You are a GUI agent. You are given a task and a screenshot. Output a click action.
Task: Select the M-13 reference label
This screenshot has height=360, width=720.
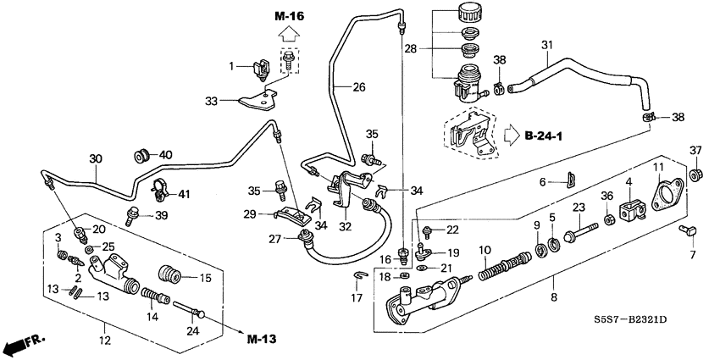coord(263,341)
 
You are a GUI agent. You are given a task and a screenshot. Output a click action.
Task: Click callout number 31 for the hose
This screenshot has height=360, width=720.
coord(546,45)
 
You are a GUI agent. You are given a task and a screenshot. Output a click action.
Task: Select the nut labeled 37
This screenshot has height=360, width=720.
coord(695,175)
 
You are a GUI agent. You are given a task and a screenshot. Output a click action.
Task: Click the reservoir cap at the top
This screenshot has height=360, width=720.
coord(466,15)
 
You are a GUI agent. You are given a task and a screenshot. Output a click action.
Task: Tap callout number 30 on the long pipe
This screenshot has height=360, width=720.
coord(95,158)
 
